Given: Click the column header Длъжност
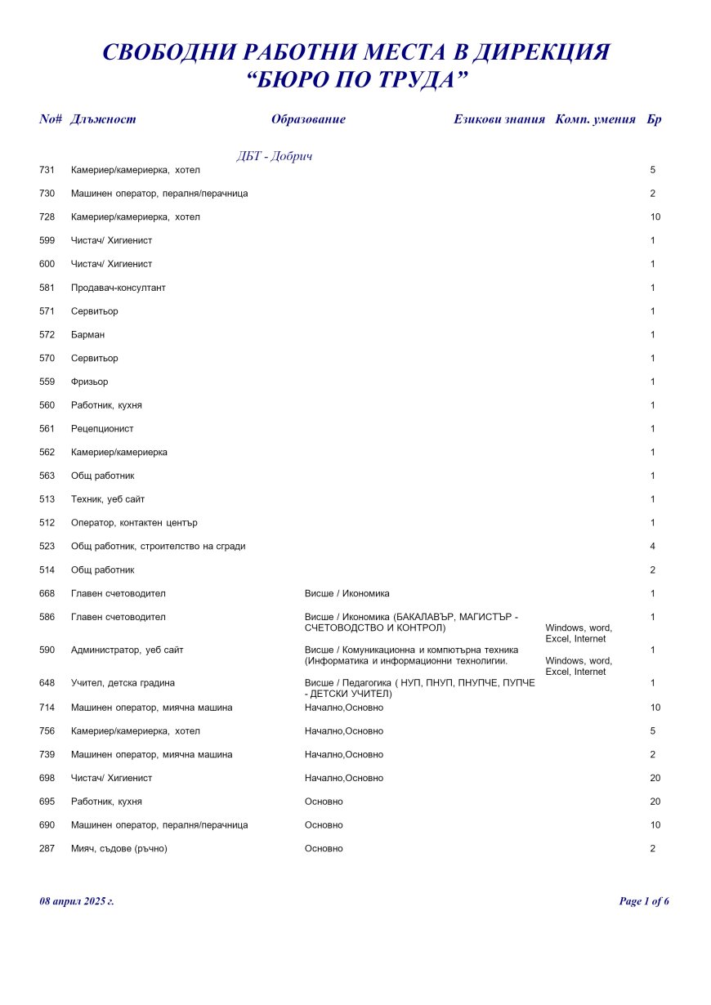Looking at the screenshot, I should pyautogui.click(x=103, y=119).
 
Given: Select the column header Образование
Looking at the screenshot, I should pyautogui.click(x=308, y=119).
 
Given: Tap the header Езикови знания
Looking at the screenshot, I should pyautogui.click(x=499, y=119).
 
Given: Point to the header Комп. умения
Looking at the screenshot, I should pyautogui.click(x=595, y=119).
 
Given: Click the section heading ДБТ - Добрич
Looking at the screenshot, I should pyautogui.click(x=275, y=156).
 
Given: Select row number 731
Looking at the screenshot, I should pyautogui.click(x=47, y=170).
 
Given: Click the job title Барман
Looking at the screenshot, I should pyautogui.click(x=87, y=335).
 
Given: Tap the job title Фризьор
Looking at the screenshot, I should pyautogui.click(x=89, y=382).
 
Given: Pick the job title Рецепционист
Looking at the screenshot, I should pyautogui.click(x=102, y=429).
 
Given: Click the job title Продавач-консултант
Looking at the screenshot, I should pyautogui.click(x=118, y=288).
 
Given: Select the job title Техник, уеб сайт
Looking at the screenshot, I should pyautogui.click(x=108, y=499).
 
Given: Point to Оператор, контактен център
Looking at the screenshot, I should pyautogui.click(x=134, y=523).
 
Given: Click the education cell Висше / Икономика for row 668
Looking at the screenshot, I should pyautogui.click(x=347, y=593).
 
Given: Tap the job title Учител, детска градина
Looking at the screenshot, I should pyautogui.click(x=123, y=682).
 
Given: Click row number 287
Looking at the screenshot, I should pyautogui.click(x=47, y=849).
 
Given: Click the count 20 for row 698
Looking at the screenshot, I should pyautogui.click(x=655, y=778).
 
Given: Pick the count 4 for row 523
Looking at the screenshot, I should pyautogui.click(x=652, y=547).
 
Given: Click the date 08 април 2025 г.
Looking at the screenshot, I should pyautogui.click(x=77, y=901).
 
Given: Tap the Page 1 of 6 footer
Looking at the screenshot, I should pyautogui.click(x=644, y=901).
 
